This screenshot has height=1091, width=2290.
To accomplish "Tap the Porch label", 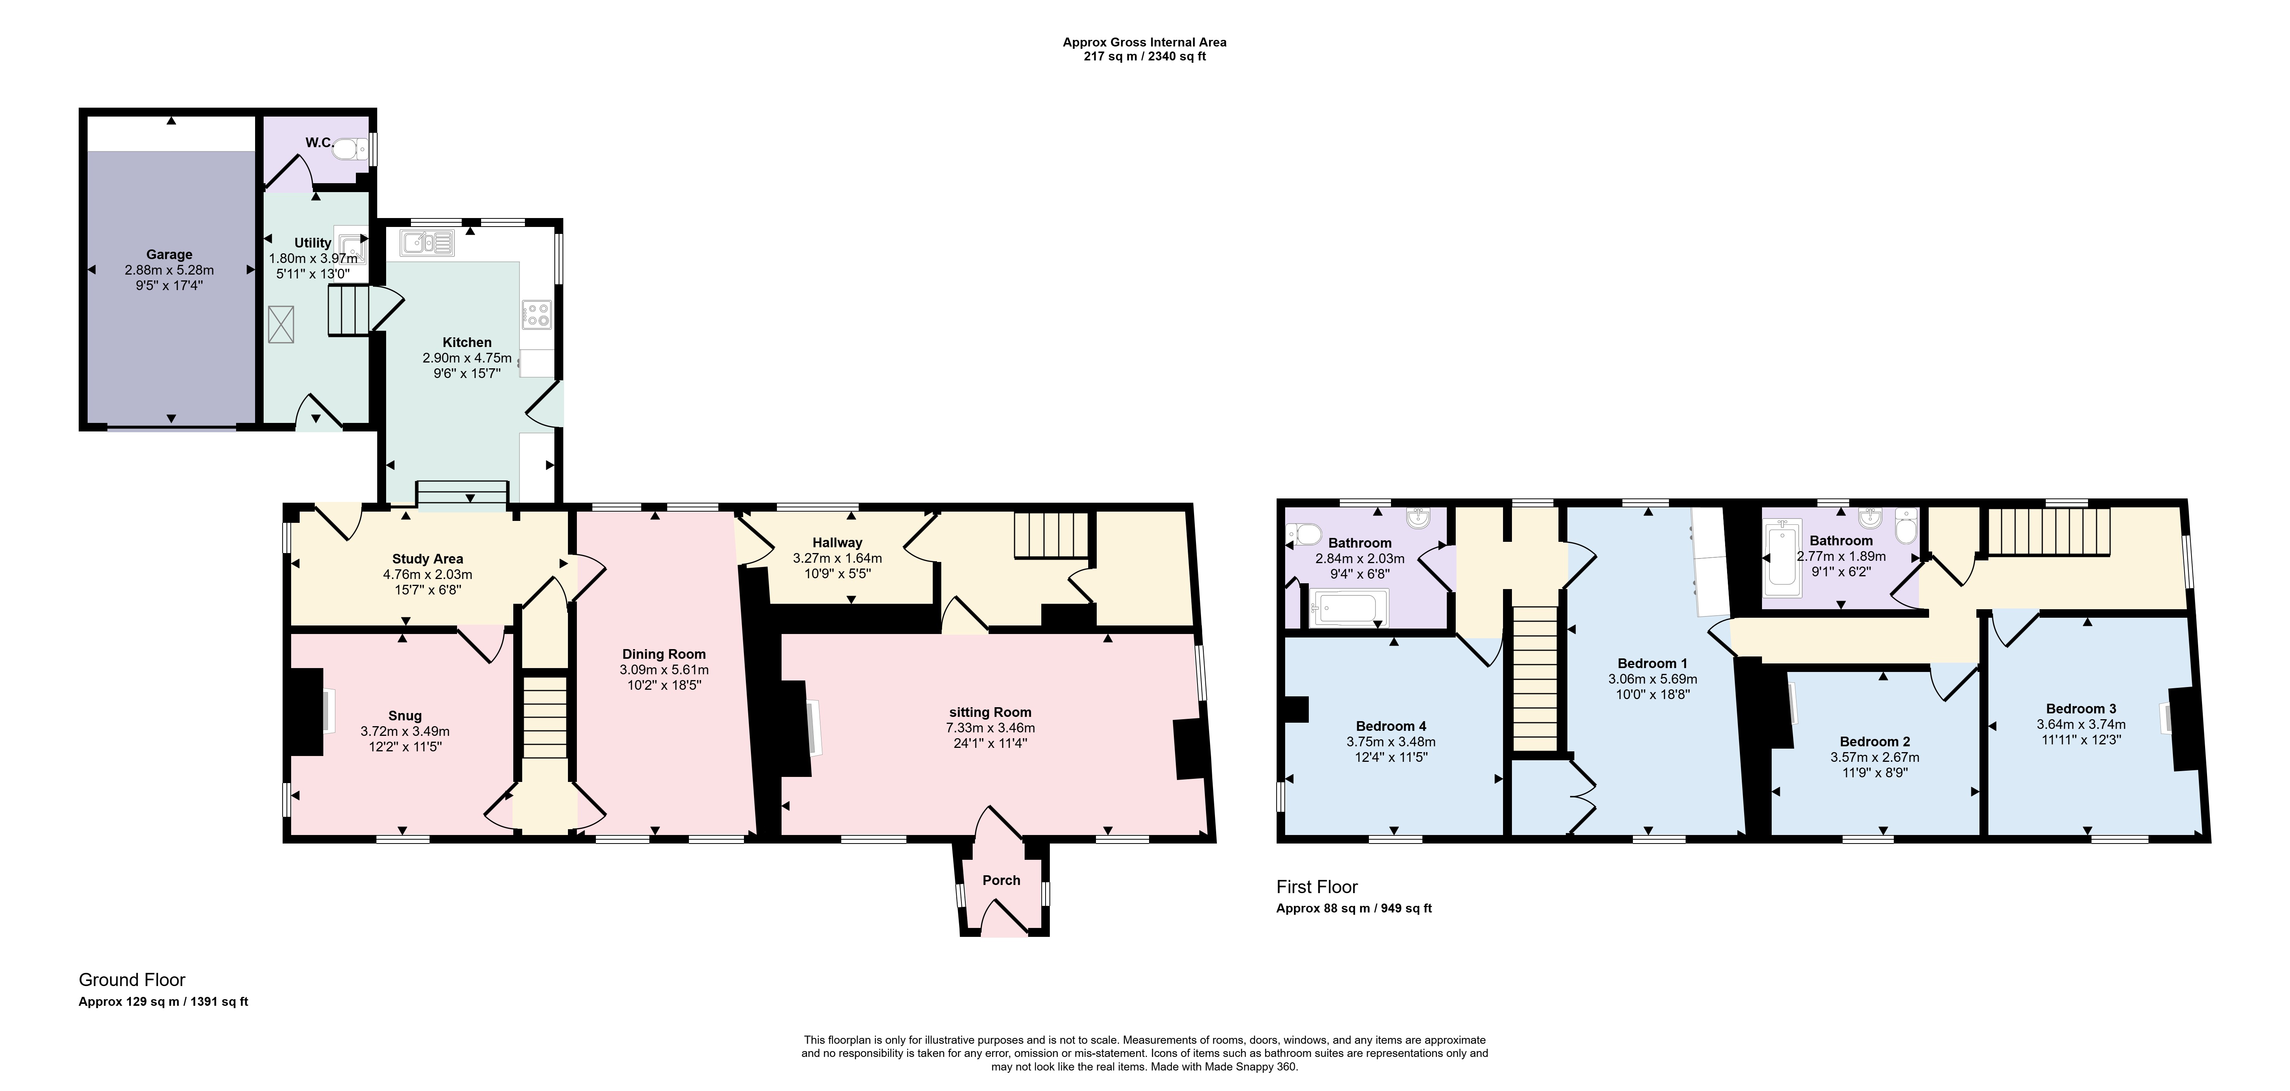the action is point(1001,880).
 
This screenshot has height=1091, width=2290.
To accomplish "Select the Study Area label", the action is point(428,559).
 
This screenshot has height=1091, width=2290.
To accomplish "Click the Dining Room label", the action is point(664,654).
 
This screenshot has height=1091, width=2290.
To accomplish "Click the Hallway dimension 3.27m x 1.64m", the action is point(837,559).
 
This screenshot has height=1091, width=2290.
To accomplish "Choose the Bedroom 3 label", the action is point(2081,708).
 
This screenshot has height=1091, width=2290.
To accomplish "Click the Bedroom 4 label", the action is point(1391,726).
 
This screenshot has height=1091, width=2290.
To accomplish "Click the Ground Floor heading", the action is point(133,980).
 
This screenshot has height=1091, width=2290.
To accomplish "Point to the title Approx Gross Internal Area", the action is point(1145,42).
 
